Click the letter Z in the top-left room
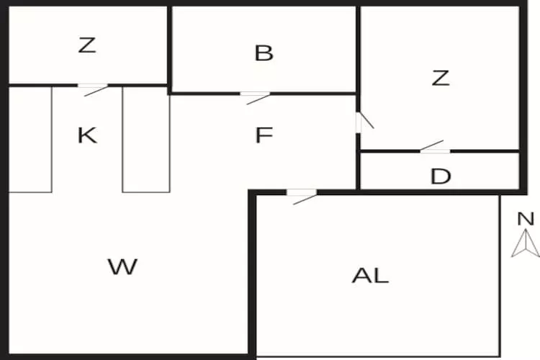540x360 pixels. [86, 45]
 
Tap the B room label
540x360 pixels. [264, 53]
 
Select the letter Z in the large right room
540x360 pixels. [440, 78]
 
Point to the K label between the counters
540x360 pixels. [87, 135]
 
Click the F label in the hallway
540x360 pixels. [264, 135]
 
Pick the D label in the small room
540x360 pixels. [440, 176]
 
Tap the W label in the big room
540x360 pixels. [122, 267]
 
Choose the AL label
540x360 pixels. [370, 275]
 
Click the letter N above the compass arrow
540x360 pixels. [526, 220]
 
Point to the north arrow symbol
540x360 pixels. [526, 243]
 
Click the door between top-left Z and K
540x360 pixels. [93, 88]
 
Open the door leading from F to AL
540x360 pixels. [302, 194]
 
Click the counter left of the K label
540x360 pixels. [30, 139]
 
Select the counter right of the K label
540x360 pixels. [145, 139]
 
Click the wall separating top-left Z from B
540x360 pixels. [169, 47]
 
